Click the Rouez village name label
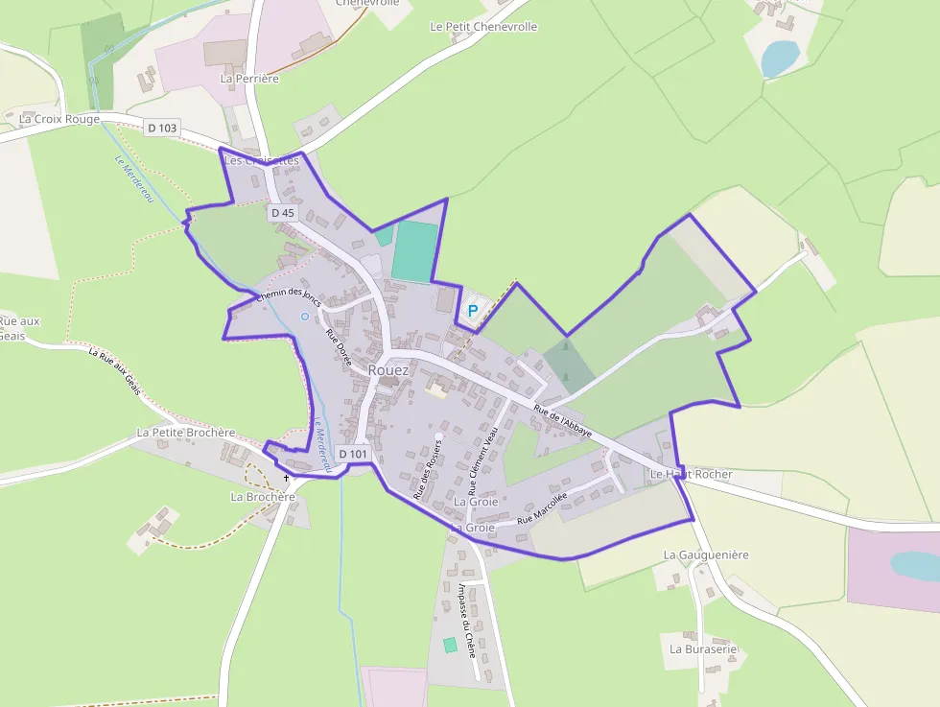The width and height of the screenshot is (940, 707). click(x=388, y=370)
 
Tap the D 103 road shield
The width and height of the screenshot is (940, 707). click(x=163, y=128)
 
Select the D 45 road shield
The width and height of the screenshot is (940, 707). click(x=282, y=212)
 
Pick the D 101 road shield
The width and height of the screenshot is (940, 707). click(x=353, y=454)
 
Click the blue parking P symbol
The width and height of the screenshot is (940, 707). click(x=472, y=311)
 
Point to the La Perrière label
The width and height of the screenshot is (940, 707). click(x=249, y=79)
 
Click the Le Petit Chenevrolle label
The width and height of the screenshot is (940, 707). click(x=483, y=27)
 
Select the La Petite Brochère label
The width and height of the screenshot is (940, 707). click(x=185, y=433)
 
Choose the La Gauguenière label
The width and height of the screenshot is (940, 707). click(x=706, y=555)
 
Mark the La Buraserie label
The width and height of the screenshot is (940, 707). click(x=703, y=648)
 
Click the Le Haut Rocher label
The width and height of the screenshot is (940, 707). click(x=691, y=475)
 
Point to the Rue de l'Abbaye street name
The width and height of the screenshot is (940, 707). click(x=563, y=423)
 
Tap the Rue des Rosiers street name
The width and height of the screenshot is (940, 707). click(x=428, y=470)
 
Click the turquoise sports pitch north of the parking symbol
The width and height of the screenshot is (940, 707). click(x=413, y=251)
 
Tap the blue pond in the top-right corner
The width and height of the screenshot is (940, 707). click(x=778, y=59)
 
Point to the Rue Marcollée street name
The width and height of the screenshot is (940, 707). click(x=542, y=508)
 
